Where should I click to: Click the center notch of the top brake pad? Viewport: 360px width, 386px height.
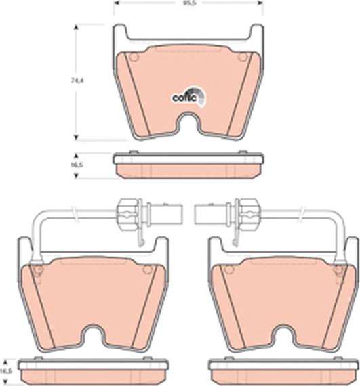[x=188, y=125]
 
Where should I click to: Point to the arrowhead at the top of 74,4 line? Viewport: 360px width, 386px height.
[x=75, y=28]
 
